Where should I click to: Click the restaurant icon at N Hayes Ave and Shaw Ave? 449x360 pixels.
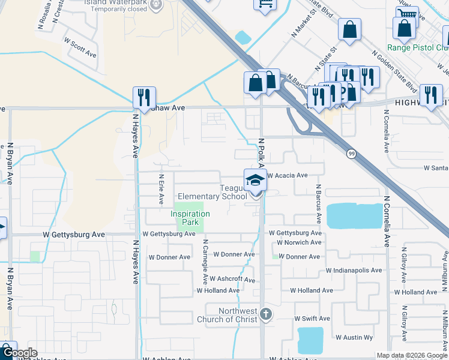(144, 96)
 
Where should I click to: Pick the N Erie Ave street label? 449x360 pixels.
(161, 190)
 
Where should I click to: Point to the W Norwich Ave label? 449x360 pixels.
(298, 243)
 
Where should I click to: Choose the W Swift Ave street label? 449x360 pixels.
(312, 319)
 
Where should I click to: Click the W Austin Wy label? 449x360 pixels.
(354, 338)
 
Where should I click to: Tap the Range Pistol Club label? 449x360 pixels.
(418, 47)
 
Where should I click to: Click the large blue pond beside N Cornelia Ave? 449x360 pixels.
(354, 216)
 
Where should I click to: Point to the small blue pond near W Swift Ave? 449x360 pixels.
(310, 340)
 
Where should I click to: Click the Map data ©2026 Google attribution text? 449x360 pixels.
(411, 355)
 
